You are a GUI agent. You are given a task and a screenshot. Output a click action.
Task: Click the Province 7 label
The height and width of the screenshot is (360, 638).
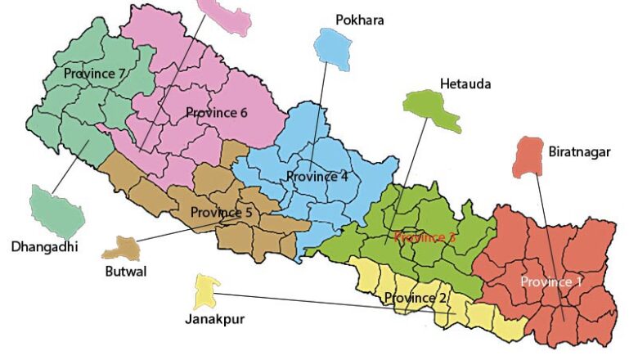pyautogui.click(x=94, y=74)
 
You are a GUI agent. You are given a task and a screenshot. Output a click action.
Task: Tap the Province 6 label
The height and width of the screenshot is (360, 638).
pyautogui.click(x=216, y=113)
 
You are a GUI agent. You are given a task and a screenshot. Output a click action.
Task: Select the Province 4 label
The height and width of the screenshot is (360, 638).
pyautogui.click(x=317, y=177)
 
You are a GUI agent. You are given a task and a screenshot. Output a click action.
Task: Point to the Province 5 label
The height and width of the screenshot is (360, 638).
pyautogui.click(x=222, y=213)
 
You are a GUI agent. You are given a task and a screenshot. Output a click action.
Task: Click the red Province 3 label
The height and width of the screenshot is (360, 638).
pyautogui.click(x=425, y=238)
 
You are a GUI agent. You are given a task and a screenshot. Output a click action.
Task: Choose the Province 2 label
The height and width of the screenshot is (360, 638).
pyautogui.click(x=416, y=298)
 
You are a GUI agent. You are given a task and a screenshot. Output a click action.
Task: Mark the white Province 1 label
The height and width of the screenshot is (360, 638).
pyautogui.click(x=552, y=282)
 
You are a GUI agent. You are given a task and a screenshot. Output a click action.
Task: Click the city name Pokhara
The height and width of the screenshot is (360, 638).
pyautogui.click(x=359, y=20)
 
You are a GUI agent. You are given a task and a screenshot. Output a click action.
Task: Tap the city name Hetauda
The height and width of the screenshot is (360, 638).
pyautogui.click(x=466, y=84)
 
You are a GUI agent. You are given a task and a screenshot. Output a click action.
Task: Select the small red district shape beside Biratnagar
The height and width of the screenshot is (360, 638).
pyautogui.click(x=529, y=158)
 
